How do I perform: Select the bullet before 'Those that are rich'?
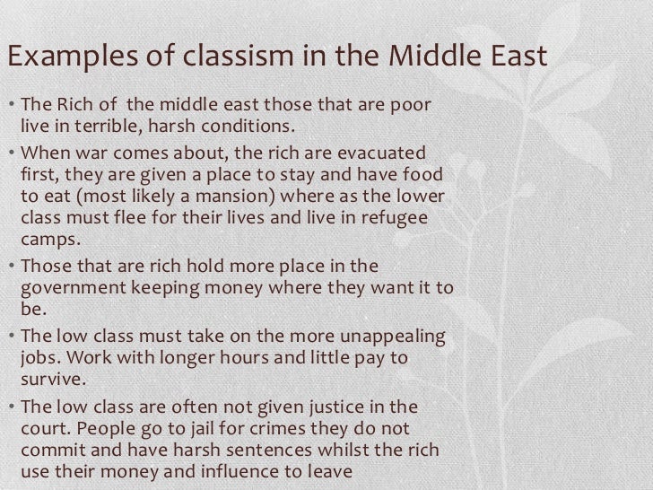pyautogui.click(x=10, y=267)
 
